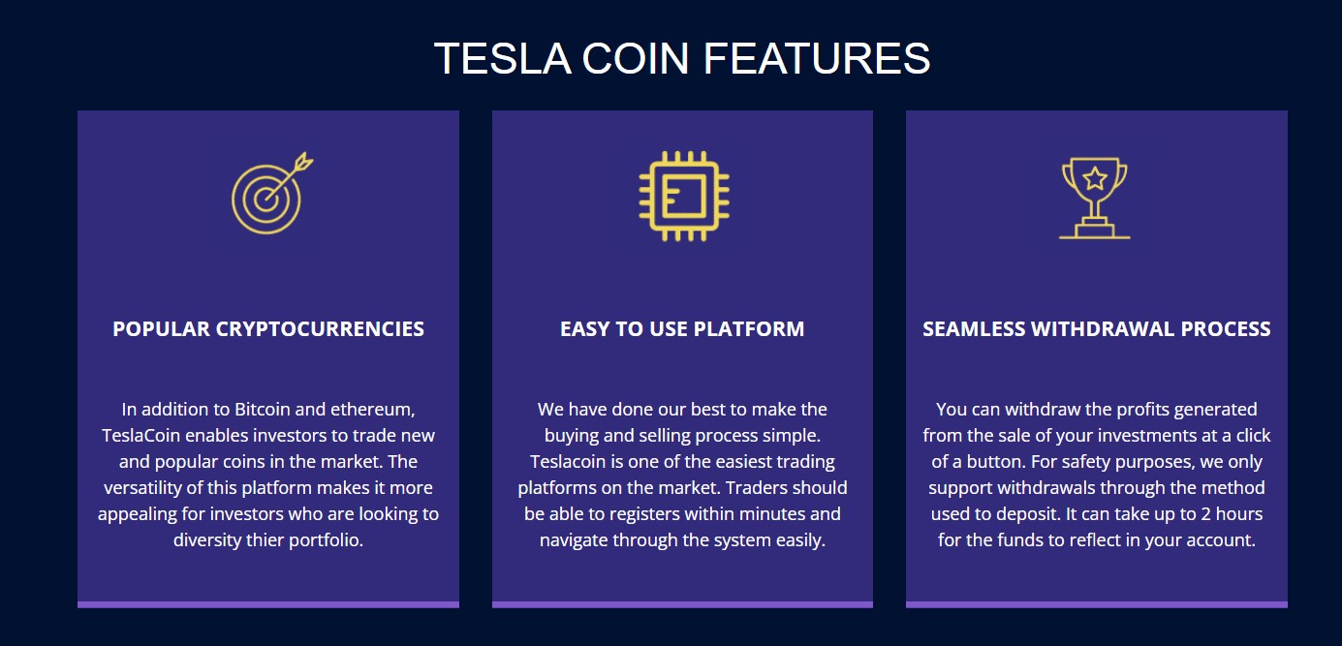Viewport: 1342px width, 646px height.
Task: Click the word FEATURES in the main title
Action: point(817,59)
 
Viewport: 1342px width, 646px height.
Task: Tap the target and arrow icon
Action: point(268,196)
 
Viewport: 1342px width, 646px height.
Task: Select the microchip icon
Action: point(683,196)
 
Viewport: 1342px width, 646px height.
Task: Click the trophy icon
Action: point(1095,197)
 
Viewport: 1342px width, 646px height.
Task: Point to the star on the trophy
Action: point(1095,178)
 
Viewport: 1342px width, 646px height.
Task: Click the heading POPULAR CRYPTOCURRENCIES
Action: point(268,328)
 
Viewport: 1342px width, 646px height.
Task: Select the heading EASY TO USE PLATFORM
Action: point(682,328)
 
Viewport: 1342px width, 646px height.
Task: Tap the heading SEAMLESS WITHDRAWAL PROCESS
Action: point(1096,328)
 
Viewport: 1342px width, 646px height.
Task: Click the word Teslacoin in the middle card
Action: point(568,461)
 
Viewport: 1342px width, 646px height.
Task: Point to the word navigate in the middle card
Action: point(574,539)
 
